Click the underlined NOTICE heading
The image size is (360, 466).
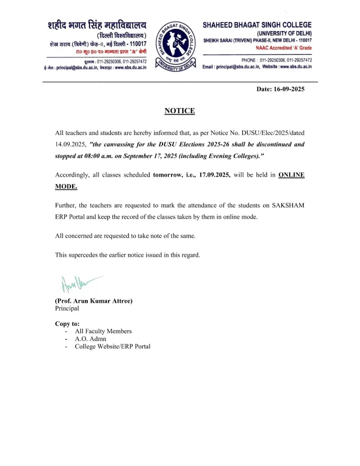[x=179, y=111]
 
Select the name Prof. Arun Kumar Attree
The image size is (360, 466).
[x=93, y=301]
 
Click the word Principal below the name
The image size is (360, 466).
[x=67, y=308]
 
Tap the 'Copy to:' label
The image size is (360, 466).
[x=67, y=324]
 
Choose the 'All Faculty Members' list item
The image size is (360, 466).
[x=103, y=331]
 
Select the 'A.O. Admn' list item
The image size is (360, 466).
[x=91, y=339]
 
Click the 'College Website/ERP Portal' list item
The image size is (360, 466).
[x=112, y=347]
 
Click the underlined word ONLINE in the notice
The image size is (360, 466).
[x=291, y=175]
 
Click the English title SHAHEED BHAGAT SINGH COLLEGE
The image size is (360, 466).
[x=257, y=25]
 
